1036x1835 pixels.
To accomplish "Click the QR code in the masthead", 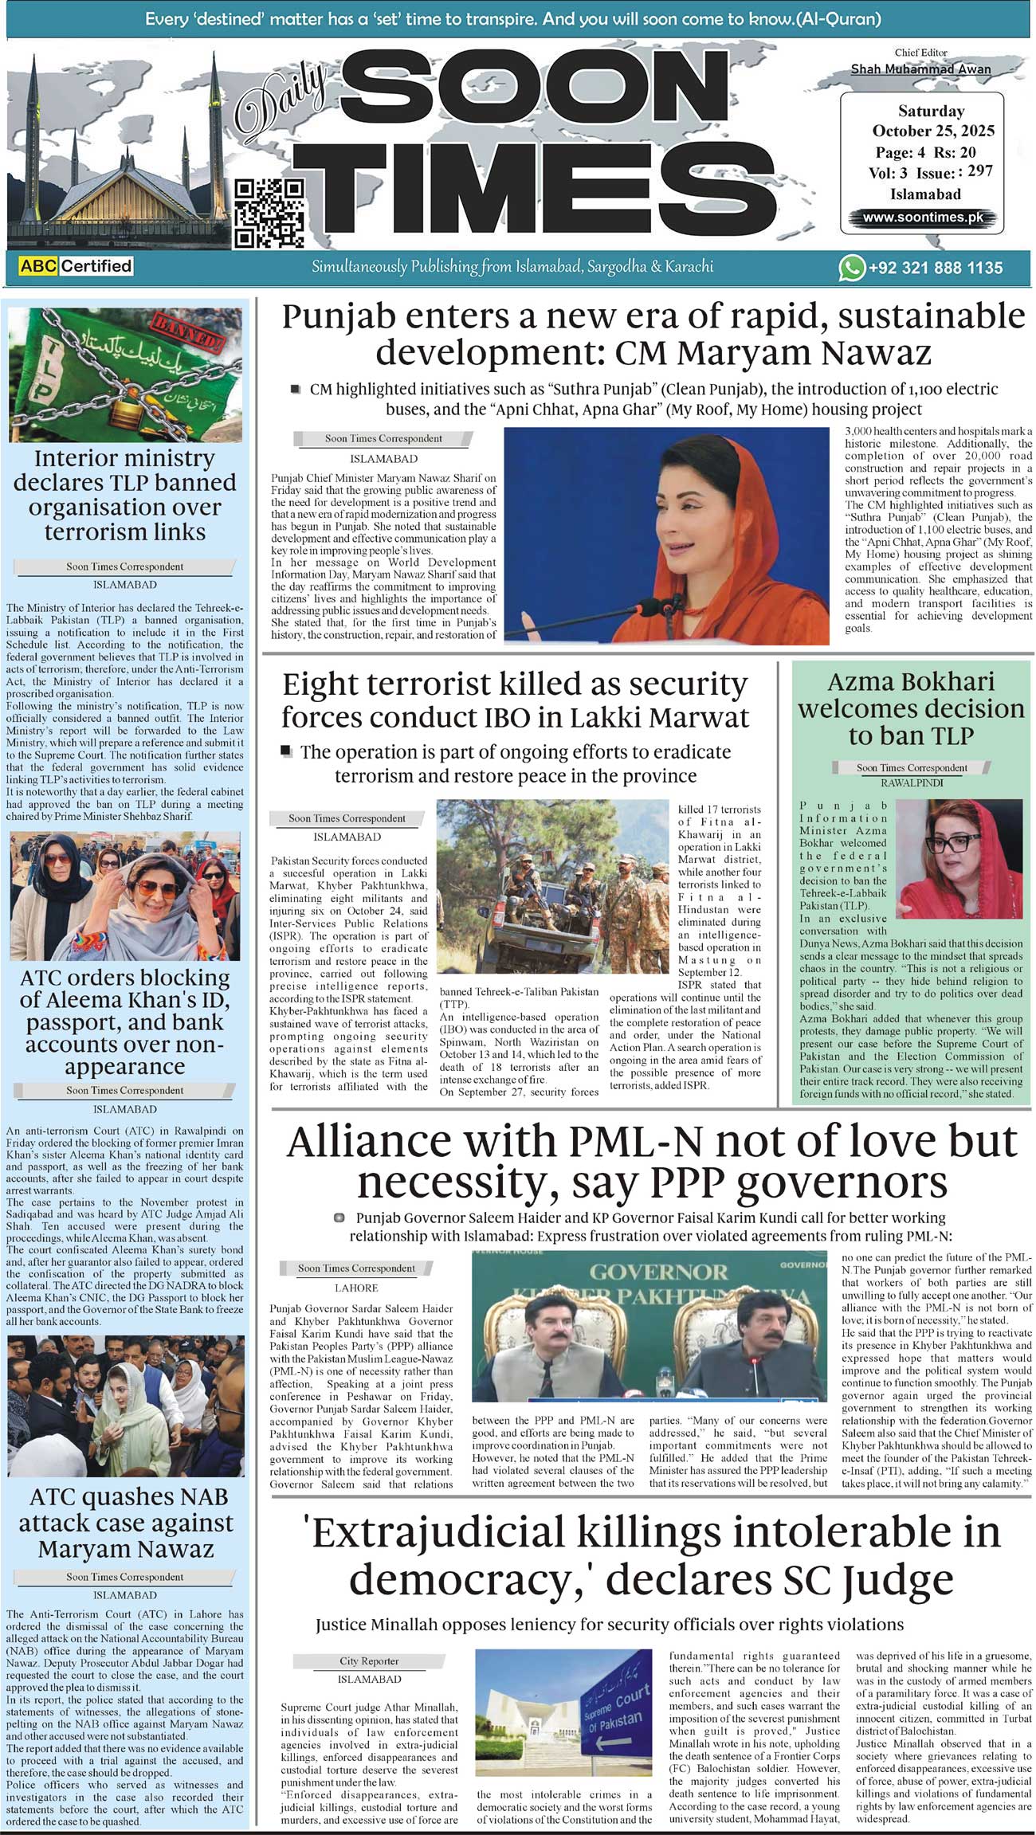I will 269,212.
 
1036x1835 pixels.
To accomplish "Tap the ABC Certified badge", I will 76,266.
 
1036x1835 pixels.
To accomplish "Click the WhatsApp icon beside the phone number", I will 851,268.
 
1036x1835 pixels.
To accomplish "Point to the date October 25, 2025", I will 933,131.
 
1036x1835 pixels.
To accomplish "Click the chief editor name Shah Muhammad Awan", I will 920,69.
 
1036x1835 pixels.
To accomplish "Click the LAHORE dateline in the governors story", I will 355,1288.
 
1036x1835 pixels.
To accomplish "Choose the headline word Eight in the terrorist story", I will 322,684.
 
